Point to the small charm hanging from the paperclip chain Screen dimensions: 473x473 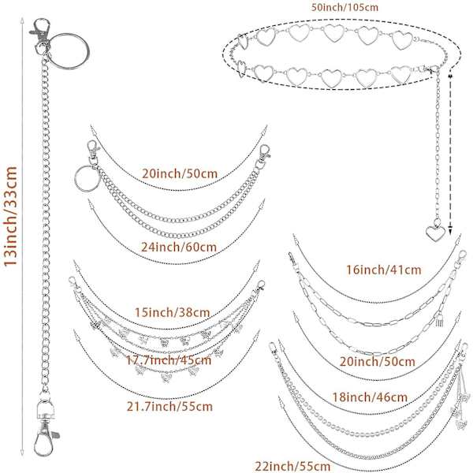(437, 322)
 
